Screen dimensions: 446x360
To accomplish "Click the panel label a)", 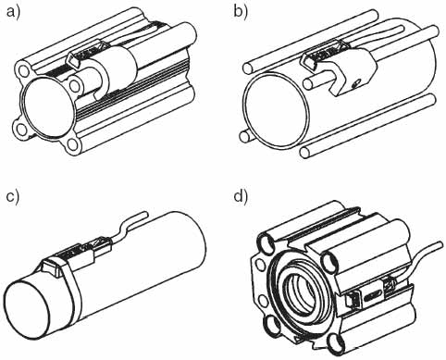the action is tap(13, 13).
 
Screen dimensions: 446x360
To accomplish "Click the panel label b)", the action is tap(241, 13).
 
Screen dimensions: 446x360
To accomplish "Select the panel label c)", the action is tap(13, 197).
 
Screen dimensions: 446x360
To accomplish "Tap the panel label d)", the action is tap(241, 196).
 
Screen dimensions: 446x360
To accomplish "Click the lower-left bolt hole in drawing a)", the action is tap(20, 129).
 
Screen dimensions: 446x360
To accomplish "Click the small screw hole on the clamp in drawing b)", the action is tap(357, 82).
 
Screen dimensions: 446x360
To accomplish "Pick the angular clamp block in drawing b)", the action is tap(354, 71).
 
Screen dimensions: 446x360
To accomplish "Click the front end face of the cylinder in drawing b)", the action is tap(277, 110).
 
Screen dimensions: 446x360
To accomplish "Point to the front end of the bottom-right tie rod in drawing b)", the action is tap(305, 152).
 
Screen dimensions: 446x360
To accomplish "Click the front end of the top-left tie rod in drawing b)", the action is tap(247, 68).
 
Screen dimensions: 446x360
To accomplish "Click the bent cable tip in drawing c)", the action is tap(146, 214).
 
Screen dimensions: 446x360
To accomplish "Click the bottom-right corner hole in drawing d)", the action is tap(335, 344).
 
